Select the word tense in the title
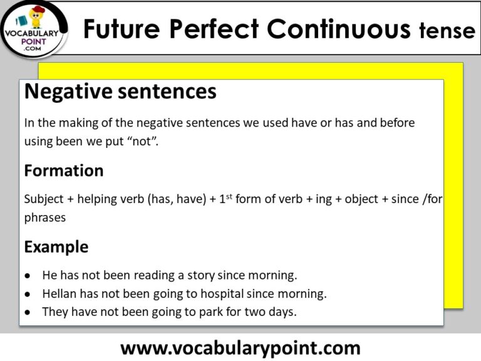click(x=447, y=30)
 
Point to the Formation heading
click(x=64, y=170)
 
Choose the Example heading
click(x=56, y=247)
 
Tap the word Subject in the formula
click(x=43, y=200)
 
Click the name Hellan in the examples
click(x=60, y=293)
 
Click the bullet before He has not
click(x=28, y=276)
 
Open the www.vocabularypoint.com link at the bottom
click(x=240, y=347)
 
